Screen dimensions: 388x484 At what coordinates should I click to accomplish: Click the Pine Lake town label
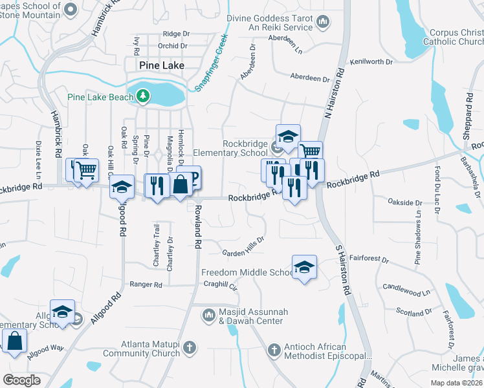coord(161,66)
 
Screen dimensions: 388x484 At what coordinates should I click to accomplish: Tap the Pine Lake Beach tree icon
coord(143,97)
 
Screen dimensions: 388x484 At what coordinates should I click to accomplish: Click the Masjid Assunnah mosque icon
coord(208,316)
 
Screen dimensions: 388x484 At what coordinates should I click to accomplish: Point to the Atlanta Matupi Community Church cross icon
coord(190,349)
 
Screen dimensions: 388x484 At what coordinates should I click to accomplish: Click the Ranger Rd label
coord(146,284)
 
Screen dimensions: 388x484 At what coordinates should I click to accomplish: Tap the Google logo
coord(21,380)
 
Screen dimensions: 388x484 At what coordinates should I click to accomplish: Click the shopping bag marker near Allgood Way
coord(14,340)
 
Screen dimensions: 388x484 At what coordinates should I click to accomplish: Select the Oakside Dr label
coord(404,203)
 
